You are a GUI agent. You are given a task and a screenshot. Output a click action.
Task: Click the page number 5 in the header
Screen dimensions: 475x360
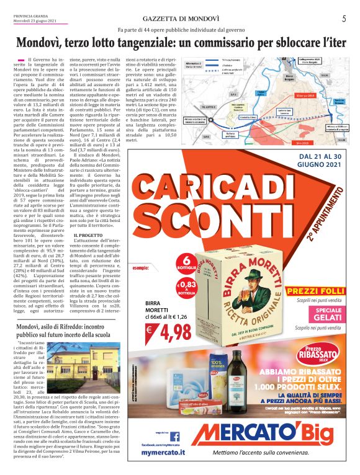point(343,19)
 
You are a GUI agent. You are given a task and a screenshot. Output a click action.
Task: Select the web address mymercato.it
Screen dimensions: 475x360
point(163,453)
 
